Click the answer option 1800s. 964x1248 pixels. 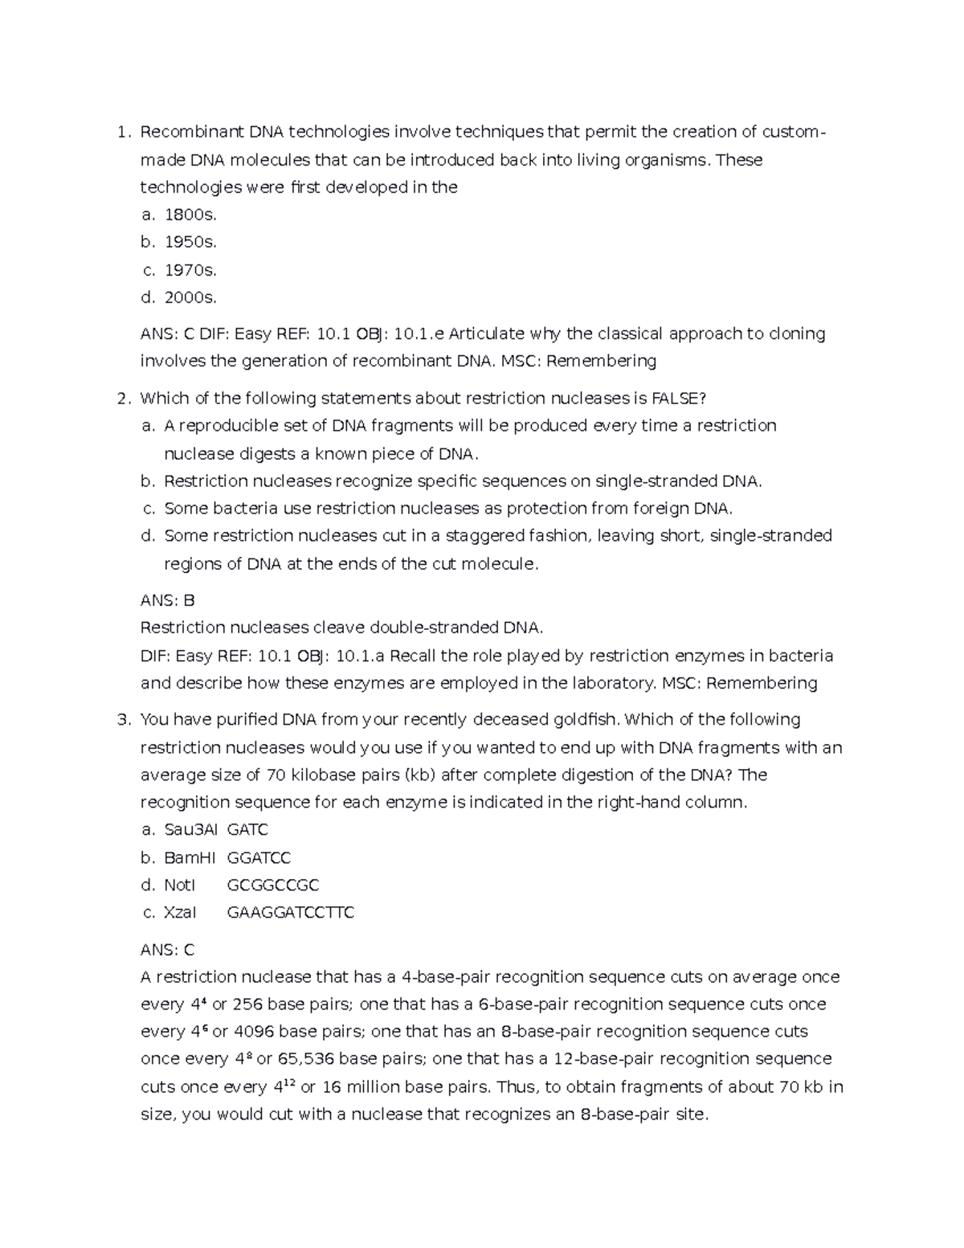click(190, 215)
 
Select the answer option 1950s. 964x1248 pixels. click(190, 242)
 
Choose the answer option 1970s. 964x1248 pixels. click(190, 270)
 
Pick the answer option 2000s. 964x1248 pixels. click(190, 297)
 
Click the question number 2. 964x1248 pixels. click(122, 399)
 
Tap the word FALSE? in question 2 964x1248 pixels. click(679, 399)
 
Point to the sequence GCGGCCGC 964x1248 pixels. click(273, 885)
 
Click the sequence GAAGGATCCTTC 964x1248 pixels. click(291, 912)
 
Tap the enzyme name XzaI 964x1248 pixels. click(180, 912)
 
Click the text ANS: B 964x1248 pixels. click(167, 600)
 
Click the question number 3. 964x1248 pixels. click(122, 719)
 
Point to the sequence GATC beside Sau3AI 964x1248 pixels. click(248, 829)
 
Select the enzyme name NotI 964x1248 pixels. click(179, 885)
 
